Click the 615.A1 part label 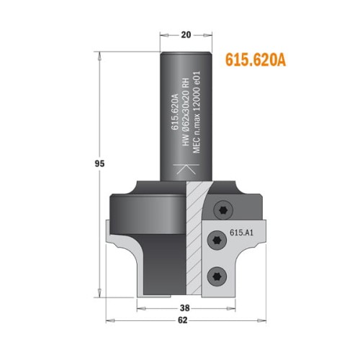[243, 232]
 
